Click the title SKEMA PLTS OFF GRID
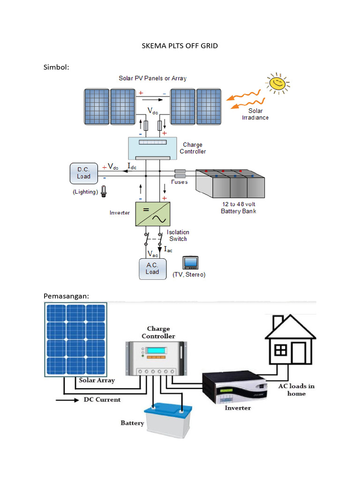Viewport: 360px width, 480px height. pyautogui.click(x=180, y=46)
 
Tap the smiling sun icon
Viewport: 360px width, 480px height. pyautogui.click(x=277, y=83)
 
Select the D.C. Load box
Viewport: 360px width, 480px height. pyautogui.click(x=84, y=173)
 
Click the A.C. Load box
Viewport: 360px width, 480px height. pyautogui.click(x=152, y=269)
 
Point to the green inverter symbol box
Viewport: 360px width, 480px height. pyautogui.click(x=152, y=214)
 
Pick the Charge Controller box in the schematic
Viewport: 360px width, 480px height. pyautogui.click(x=152, y=148)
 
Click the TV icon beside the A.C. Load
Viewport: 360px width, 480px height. pyautogui.click(x=191, y=262)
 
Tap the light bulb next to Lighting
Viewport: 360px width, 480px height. pyautogui.click(x=104, y=191)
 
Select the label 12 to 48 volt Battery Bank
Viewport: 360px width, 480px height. pyautogui.click(x=238, y=208)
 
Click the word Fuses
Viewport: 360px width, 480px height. pyautogui.click(x=179, y=182)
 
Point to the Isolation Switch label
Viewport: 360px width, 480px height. pyautogui.click(x=178, y=235)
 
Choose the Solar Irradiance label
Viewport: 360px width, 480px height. pyautogui.click(x=255, y=114)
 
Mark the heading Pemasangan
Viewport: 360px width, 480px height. pyautogui.click(x=66, y=296)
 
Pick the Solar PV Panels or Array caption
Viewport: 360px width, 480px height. pyautogui.click(x=152, y=78)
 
